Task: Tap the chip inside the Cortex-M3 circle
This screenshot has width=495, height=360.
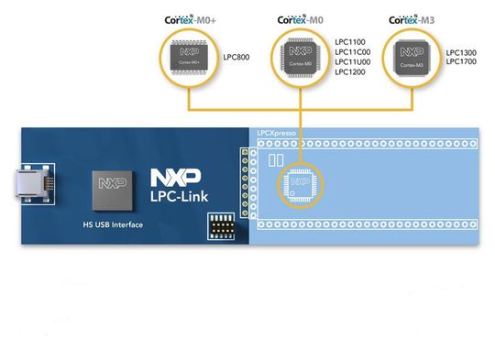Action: coord(411,58)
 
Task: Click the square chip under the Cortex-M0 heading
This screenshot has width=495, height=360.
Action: coord(300,58)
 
